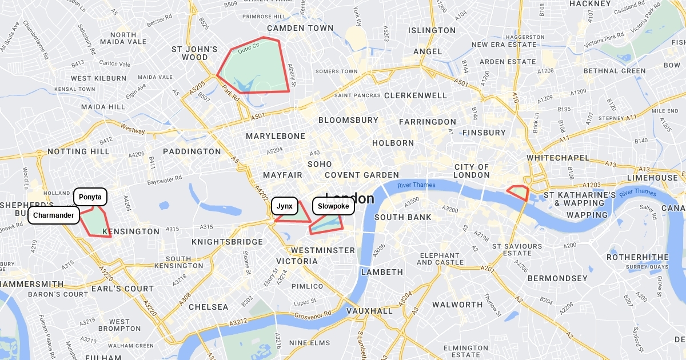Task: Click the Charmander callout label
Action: tap(54, 215)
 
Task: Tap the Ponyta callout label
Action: tap(90, 197)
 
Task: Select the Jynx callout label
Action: tap(284, 206)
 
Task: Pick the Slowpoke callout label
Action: tap(333, 206)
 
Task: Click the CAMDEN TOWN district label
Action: tap(300, 28)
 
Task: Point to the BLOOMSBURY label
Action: tap(348, 120)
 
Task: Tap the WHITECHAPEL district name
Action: tap(557, 157)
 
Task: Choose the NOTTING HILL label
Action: tap(78, 151)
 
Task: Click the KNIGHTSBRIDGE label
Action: tap(227, 242)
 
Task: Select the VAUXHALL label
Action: tap(369, 311)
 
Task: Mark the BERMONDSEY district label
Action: tap(557, 278)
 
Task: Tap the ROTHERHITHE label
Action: tap(637, 257)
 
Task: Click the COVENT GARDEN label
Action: tap(362, 175)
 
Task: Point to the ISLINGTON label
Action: tap(432, 30)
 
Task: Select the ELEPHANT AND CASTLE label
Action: tap(440, 259)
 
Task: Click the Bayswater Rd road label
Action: tap(164, 180)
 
